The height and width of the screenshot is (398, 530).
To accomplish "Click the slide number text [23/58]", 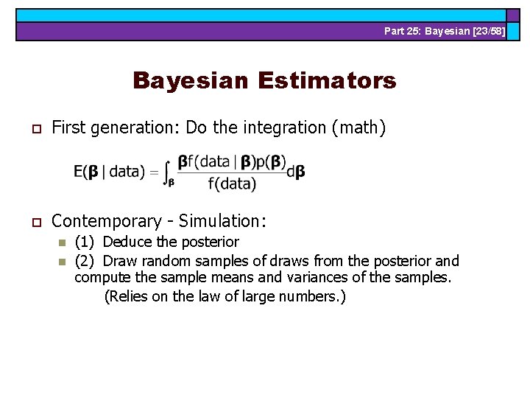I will click(487, 31).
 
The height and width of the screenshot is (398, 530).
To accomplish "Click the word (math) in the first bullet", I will click(358, 128).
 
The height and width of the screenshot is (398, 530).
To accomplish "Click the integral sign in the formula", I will click(169, 171).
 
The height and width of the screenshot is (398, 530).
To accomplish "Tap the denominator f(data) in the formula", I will click(232, 184).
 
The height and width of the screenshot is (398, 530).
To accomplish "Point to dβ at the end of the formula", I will click(297, 171).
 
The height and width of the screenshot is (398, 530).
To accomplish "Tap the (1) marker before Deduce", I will click(85, 242).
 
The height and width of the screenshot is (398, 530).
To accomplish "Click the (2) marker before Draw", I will click(85, 261).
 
